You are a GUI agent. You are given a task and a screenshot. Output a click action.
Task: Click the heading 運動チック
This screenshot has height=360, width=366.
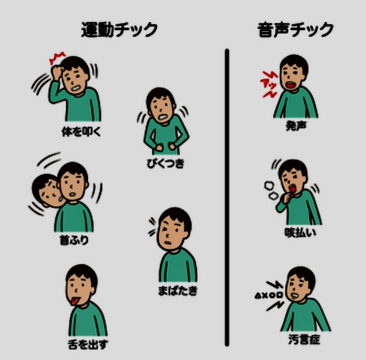[119, 30]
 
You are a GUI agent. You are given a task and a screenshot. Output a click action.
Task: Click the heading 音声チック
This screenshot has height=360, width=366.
[295, 30]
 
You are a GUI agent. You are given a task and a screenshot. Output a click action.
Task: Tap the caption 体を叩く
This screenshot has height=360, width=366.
[81, 132]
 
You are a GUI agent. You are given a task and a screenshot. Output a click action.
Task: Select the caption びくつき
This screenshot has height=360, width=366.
[165, 163]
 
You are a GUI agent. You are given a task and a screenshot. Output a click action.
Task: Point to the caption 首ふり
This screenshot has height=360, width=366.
[74, 240]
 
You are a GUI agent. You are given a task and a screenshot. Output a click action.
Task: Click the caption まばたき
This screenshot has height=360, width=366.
[178, 291]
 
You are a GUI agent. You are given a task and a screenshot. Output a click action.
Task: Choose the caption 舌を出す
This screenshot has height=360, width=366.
[88, 344]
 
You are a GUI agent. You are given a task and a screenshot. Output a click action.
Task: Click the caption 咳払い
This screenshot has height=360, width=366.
[300, 232]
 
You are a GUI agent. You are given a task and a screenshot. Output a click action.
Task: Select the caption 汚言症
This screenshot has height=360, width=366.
[304, 339]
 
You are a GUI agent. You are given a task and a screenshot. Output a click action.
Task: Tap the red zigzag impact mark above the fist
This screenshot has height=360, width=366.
[57, 58]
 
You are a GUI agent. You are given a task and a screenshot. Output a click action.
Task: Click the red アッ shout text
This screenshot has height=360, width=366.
[269, 85]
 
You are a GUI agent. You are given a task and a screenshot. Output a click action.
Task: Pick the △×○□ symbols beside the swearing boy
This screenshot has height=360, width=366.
[269, 295]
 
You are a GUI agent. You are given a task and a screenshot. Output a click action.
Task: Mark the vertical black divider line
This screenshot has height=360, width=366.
[227, 197]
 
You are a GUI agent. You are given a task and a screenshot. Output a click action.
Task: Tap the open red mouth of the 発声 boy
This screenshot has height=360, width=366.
[291, 85]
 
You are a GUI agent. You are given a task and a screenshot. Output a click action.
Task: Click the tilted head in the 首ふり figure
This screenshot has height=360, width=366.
[47, 191]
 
